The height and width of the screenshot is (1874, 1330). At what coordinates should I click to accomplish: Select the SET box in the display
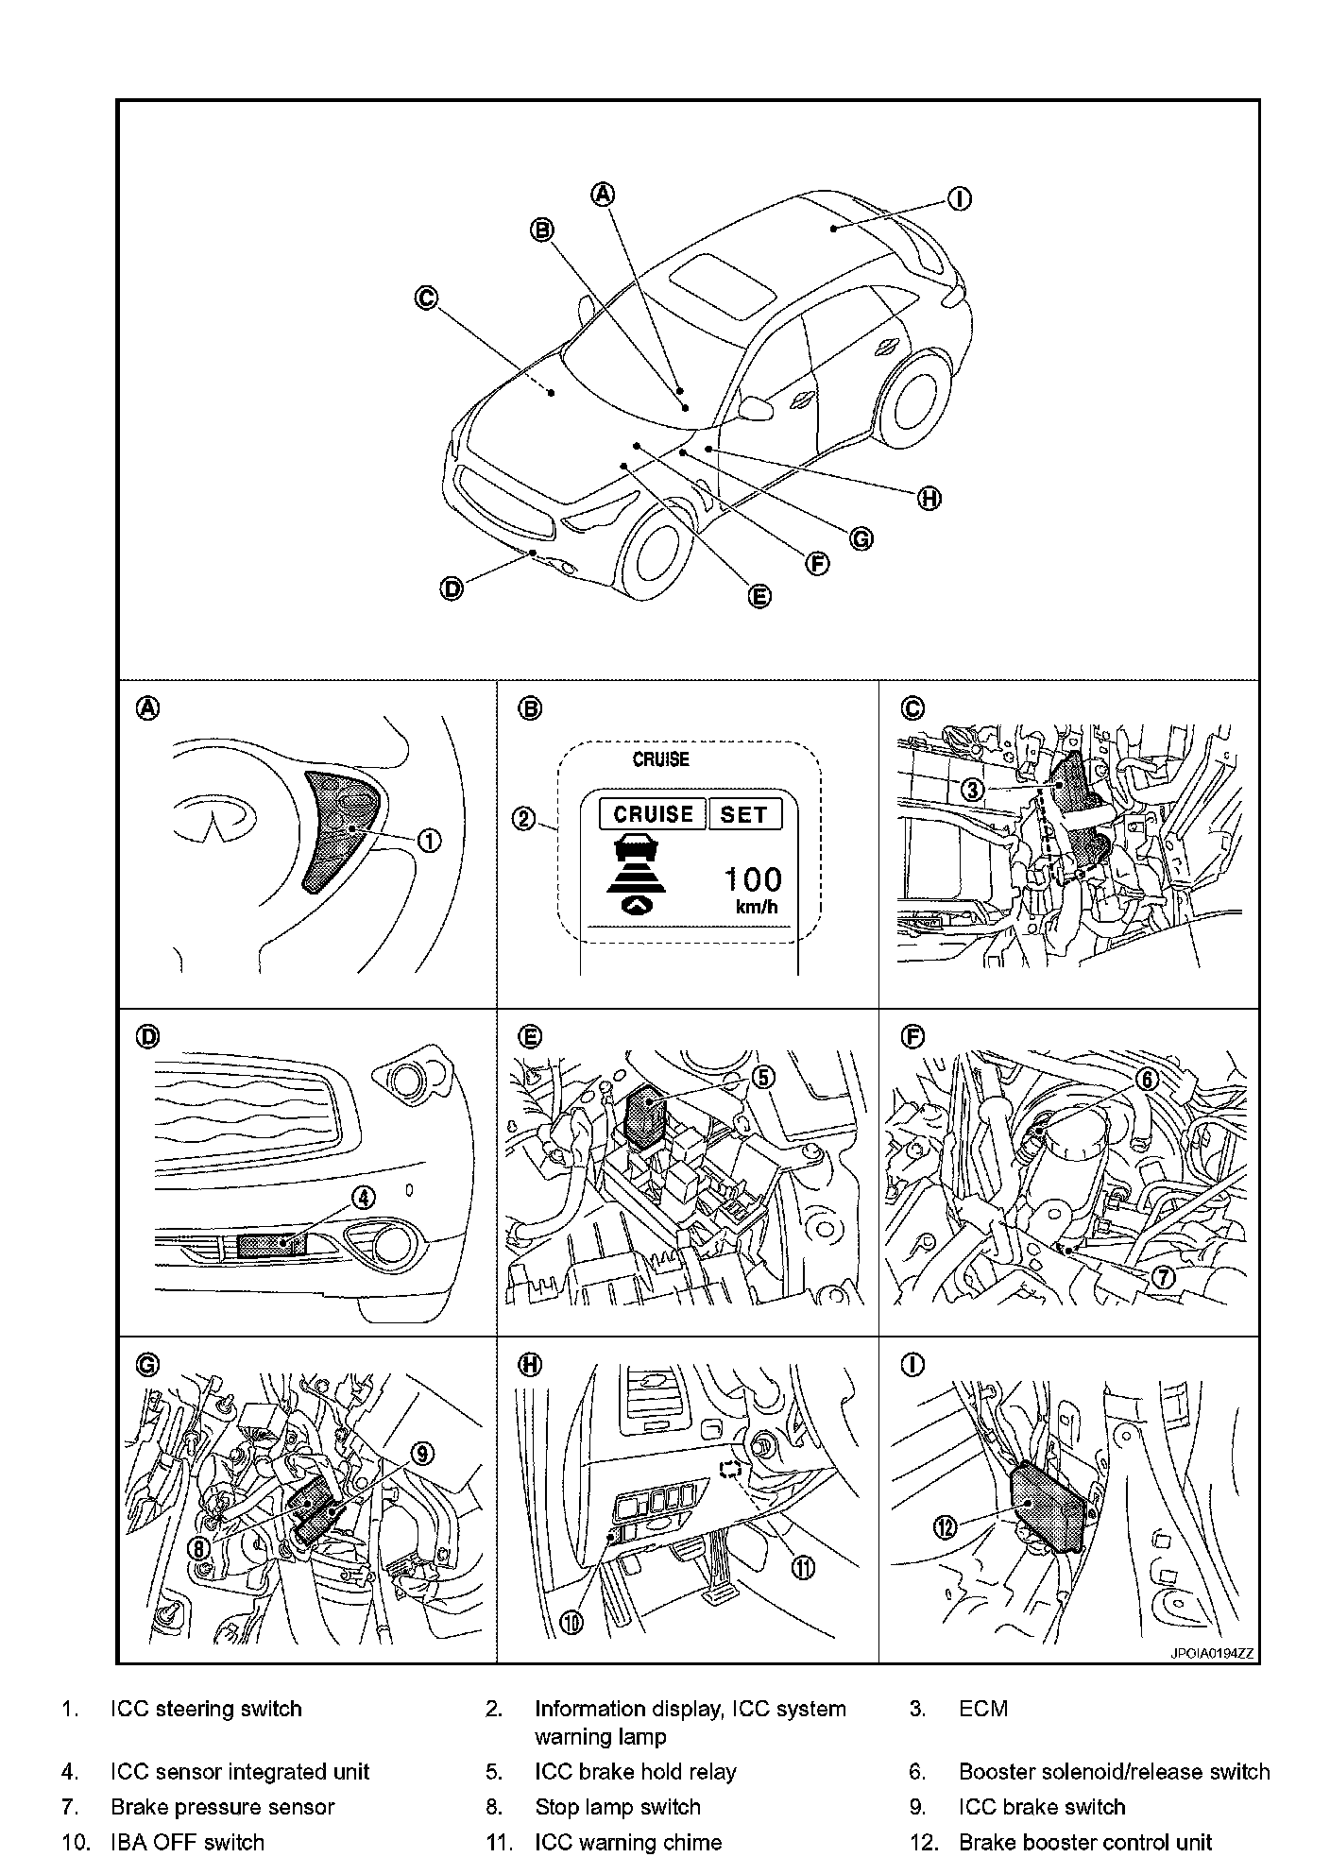[744, 814]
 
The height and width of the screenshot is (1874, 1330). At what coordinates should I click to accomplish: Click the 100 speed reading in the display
[753, 880]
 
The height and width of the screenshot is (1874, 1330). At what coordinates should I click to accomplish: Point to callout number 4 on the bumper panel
[363, 1198]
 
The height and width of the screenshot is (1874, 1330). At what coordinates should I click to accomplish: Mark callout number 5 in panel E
[762, 1076]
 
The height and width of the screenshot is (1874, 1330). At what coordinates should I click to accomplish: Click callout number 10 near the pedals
[573, 1622]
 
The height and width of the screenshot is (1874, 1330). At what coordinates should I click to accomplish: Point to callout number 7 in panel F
[1162, 1277]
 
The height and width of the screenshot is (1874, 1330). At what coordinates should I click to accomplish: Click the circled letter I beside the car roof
[959, 199]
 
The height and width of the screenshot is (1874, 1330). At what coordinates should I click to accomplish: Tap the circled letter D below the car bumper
[452, 589]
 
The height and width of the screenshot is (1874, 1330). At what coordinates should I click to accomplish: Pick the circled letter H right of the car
[929, 499]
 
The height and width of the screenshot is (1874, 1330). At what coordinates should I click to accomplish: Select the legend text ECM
[982, 1709]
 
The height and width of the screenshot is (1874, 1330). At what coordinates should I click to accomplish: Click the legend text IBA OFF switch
[187, 1842]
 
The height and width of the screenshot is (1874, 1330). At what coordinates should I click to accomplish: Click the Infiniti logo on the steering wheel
[216, 814]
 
